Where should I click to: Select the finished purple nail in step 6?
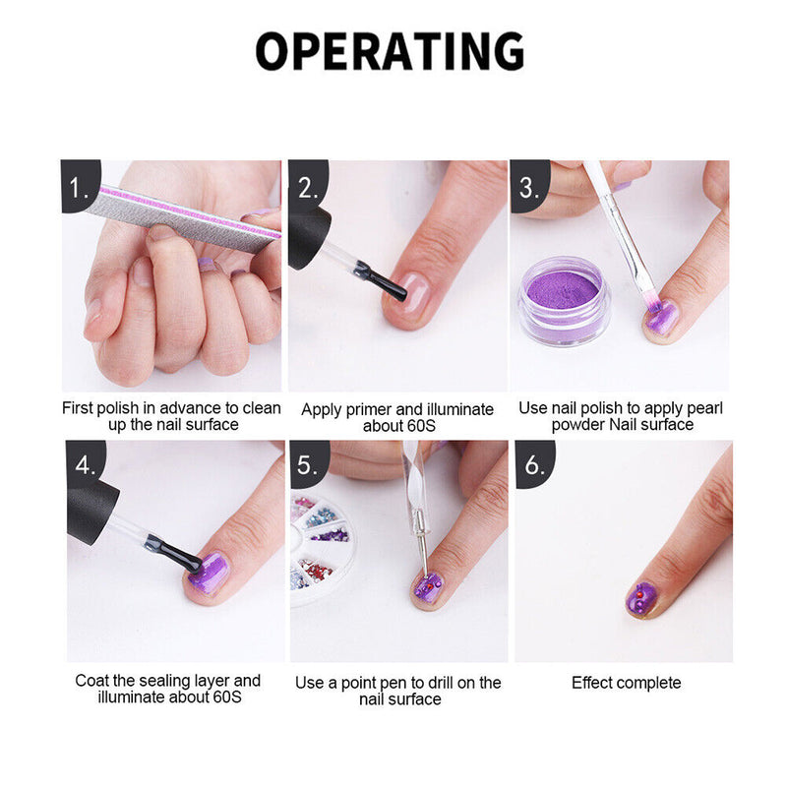click(x=642, y=597)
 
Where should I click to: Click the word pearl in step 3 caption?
click(x=666, y=408)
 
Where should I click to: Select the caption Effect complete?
click(x=626, y=682)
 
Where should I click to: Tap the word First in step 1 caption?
click(x=80, y=407)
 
